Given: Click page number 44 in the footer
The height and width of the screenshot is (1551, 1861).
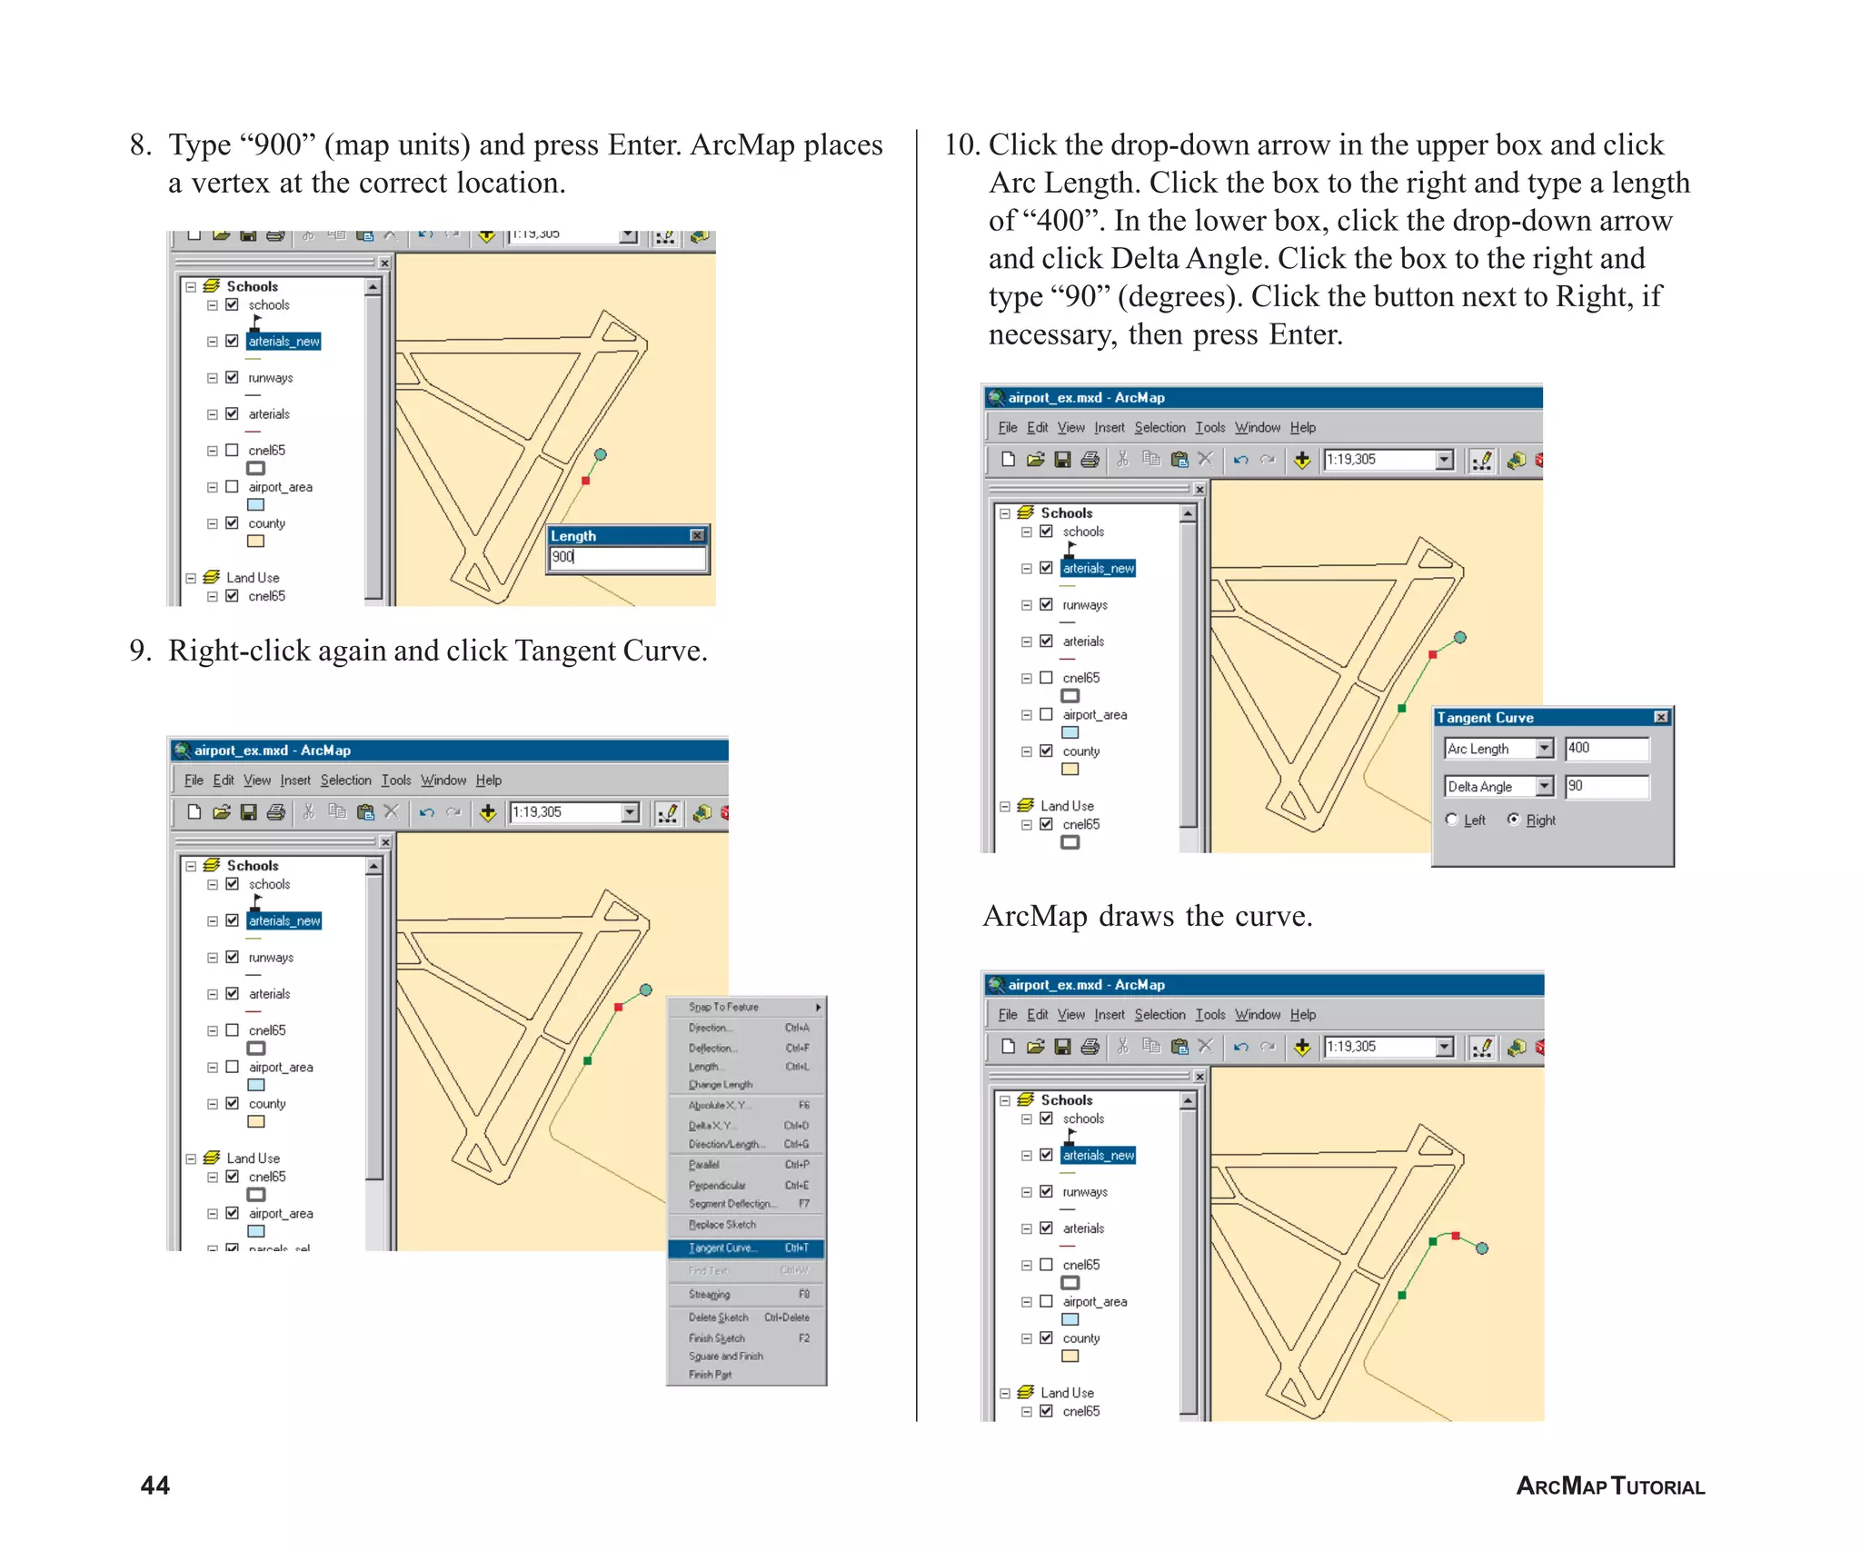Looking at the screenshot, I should (154, 1485).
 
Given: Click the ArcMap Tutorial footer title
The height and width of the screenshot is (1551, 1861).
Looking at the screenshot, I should (1609, 1486).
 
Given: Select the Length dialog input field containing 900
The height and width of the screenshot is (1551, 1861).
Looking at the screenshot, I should (627, 557).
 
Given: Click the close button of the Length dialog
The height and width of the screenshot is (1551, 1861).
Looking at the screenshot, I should (697, 535).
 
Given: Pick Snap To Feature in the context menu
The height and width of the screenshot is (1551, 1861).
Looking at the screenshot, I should (723, 1007).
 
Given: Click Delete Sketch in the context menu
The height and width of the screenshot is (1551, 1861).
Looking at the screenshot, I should (718, 1317).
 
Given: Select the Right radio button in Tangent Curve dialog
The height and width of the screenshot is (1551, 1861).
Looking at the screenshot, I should (1513, 819).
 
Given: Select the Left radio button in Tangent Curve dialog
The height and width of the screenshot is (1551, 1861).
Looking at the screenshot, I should (1451, 819).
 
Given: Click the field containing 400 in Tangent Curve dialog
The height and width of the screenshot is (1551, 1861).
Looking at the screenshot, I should (1606, 748).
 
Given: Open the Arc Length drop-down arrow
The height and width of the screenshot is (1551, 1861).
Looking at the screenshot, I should (1544, 748).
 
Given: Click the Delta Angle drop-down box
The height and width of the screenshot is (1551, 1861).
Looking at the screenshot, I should (1498, 786).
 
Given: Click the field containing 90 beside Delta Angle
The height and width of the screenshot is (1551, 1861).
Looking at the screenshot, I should (1606, 786).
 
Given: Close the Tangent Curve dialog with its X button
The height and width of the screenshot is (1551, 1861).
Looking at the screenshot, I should (1660, 717).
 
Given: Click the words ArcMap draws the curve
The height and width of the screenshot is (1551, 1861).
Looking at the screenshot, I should (1147, 915).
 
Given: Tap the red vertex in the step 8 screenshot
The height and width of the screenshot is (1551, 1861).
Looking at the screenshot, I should (585, 481).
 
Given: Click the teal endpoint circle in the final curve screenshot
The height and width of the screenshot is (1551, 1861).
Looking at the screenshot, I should (1481, 1248).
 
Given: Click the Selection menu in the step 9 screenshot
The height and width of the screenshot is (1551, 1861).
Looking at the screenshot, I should (345, 780).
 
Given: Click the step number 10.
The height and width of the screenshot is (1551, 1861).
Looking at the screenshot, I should (961, 144).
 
